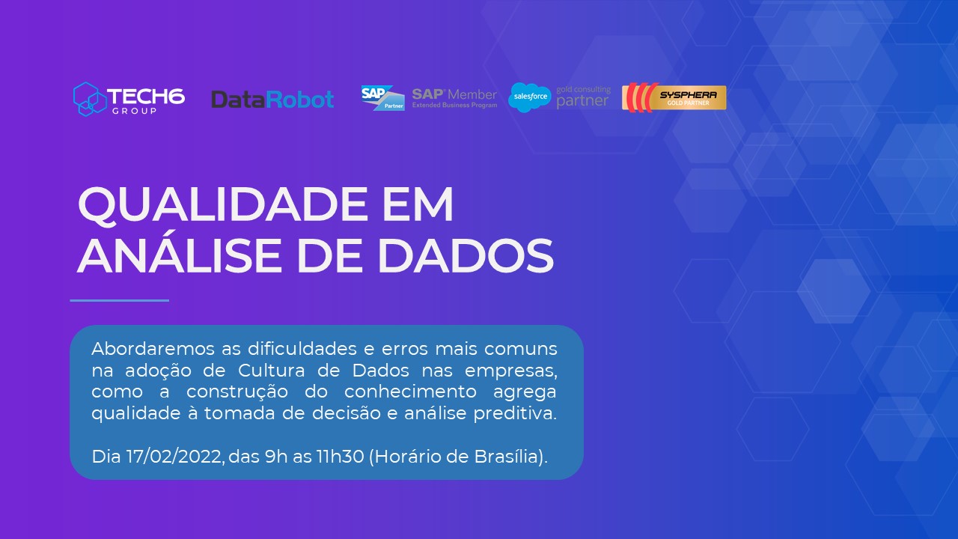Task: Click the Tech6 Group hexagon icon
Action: tap(90, 99)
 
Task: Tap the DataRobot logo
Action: tap(272, 100)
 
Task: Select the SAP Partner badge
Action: tap(382, 98)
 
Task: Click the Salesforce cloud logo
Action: tap(530, 97)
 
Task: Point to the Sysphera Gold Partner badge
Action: tap(674, 97)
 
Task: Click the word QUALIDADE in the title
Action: tap(223, 205)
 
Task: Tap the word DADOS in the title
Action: tap(466, 255)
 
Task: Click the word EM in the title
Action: tap(418, 204)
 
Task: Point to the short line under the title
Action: tap(119, 300)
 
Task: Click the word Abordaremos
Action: tap(153, 349)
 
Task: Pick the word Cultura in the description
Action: tap(272, 370)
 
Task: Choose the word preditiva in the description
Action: tap(514, 414)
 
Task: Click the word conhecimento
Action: tap(410, 392)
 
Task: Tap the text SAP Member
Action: tap(454, 94)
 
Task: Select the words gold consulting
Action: tap(583, 89)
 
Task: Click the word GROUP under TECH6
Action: tap(134, 112)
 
